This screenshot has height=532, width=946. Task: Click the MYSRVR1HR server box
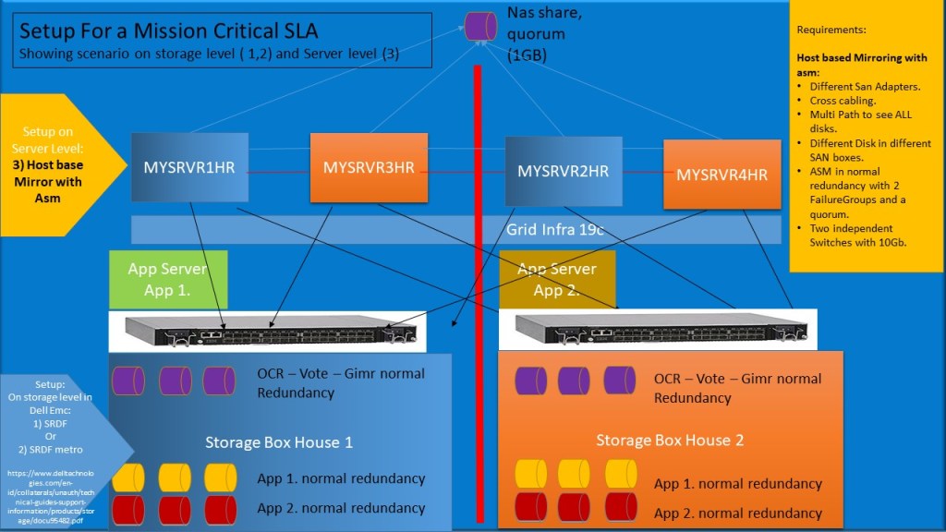coord(189,168)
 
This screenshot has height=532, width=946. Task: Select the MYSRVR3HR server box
coord(369,168)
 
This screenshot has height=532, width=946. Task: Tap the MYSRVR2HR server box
coord(563,172)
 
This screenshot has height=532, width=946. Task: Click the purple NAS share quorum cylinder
coord(480,26)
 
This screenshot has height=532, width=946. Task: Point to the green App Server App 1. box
coord(168,279)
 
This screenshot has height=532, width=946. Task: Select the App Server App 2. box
coord(557,279)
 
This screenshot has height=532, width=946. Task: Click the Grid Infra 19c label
coord(554,229)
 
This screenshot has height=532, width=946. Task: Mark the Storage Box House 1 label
coord(279,441)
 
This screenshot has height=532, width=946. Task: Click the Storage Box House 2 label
coord(670,440)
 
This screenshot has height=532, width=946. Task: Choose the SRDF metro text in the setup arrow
coord(57,450)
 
